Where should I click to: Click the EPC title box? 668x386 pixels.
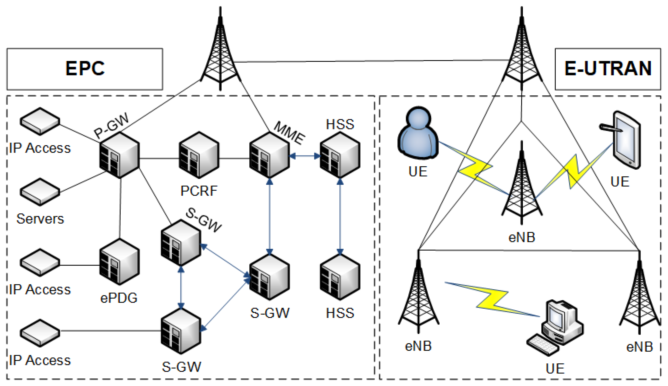click(85, 69)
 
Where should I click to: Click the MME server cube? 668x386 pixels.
click(270, 155)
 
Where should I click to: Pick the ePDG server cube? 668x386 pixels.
click(119, 262)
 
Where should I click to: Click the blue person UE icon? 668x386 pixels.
click(418, 134)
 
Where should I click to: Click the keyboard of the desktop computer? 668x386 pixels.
click(543, 345)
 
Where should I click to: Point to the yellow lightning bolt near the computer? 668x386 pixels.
click(493, 299)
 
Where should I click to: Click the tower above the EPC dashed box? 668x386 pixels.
click(220, 53)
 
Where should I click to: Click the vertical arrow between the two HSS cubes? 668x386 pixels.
click(340, 216)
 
